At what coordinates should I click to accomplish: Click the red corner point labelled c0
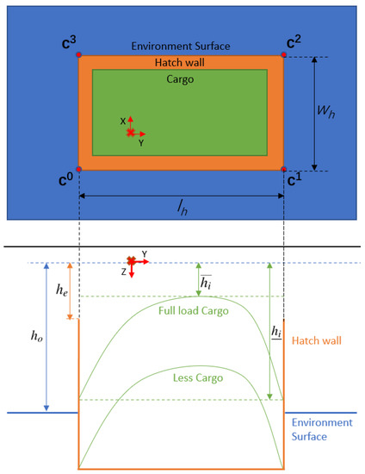79,169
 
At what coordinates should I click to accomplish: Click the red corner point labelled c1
284,169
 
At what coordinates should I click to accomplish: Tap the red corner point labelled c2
284,55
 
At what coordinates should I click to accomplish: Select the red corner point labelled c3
79,55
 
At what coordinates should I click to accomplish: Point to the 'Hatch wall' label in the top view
180,63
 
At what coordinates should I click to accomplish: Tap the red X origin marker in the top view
131,134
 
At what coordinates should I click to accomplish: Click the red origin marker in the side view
131,260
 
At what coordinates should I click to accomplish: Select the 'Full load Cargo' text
194,309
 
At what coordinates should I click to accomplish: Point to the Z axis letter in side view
124,271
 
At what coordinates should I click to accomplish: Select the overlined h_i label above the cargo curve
205,282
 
